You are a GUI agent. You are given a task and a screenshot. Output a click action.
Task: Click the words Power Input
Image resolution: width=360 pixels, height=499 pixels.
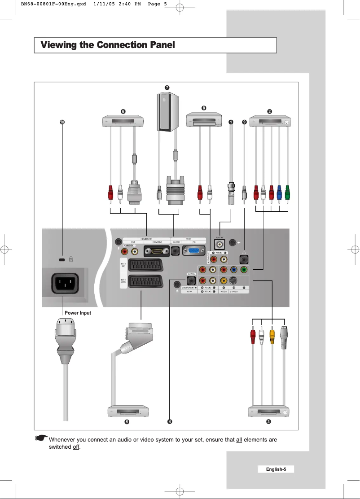(78, 313)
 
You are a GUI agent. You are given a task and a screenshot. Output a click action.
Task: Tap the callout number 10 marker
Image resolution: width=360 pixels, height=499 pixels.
(63, 122)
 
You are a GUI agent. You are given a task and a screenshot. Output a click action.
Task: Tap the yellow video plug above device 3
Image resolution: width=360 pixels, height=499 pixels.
(272, 335)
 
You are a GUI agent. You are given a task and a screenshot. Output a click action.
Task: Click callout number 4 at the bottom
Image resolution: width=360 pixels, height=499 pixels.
(170, 422)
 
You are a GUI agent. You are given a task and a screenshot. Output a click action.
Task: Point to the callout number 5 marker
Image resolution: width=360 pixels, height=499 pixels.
(127, 422)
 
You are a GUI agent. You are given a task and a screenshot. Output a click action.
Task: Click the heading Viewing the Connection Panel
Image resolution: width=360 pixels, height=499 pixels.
(107, 45)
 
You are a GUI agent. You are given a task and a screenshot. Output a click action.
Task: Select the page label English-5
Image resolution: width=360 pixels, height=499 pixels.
(276, 469)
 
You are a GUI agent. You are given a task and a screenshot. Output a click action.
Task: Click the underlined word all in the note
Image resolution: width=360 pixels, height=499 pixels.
(239, 440)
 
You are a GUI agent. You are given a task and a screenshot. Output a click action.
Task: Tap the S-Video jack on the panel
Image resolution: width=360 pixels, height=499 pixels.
(233, 280)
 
